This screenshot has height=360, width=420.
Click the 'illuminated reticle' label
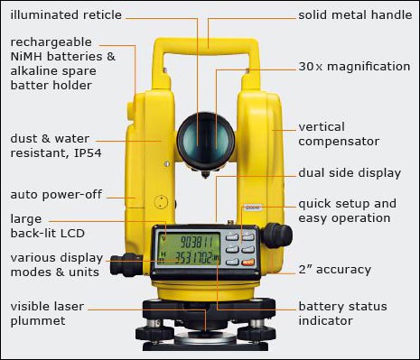pyautogui.click(x=66, y=14)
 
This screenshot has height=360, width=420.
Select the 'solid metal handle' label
pyautogui.click(x=355, y=14)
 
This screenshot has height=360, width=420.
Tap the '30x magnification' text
pyautogui.click(x=354, y=67)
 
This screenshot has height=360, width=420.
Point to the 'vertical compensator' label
pyautogui.click(x=339, y=134)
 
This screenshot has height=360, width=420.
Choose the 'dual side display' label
pyautogui.click(x=350, y=173)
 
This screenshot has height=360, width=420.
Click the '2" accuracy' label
pyautogui.click(x=334, y=269)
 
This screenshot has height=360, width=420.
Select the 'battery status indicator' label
pyautogui.click(x=342, y=313)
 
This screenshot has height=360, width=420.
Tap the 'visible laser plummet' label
pyautogui.click(x=47, y=313)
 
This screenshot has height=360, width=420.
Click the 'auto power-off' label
pyautogui.click(x=56, y=195)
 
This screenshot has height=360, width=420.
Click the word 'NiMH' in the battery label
pyautogui.click(x=28, y=56)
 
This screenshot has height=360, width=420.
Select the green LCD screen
pyautogui.click(x=190, y=249)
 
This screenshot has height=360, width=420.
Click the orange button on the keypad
pyautogui.click(x=248, y=262)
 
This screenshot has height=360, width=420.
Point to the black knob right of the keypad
pyautogui.click(x=276, y=235)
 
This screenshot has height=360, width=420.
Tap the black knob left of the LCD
pyautogui.click(x=126, y=264)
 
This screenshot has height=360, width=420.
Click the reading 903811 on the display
pyautogui.click(x=196, y=242)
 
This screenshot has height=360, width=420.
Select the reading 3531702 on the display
pyautogui.click(x=193, y=258)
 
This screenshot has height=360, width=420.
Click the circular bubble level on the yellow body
pyautogui.click(x=161, y=202)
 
